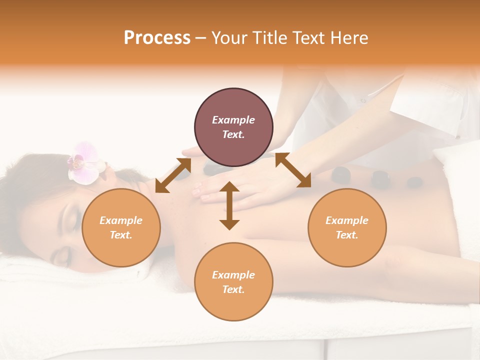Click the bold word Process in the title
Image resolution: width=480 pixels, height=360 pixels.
[157, 38]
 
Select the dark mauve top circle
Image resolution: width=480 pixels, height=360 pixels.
[233, 127]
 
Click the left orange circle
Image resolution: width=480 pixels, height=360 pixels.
[121, 228]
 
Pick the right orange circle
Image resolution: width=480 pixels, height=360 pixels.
[347, 228]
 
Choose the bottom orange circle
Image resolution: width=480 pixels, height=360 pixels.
[233, 282]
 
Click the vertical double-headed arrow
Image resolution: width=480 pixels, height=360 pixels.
[229, 205]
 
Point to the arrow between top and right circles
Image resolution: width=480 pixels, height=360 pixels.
[293, 170]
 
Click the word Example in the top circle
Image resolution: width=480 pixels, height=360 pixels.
[233, 120]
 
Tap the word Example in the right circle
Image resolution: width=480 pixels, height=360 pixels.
[347, 220]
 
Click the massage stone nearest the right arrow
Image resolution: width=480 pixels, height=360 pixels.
[341, 174]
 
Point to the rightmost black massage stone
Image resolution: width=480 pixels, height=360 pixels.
[413, 182]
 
